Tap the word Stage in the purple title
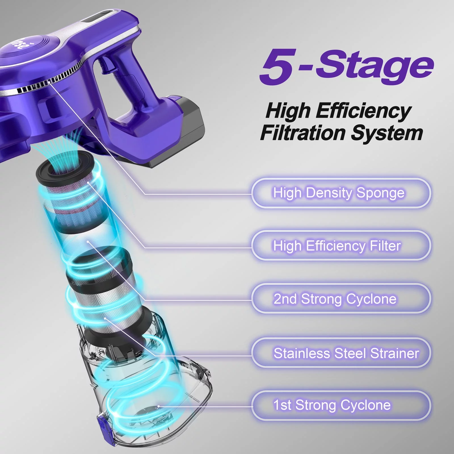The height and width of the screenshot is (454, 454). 374,67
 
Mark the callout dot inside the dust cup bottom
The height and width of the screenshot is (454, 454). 158,406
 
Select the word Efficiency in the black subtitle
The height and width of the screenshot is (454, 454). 363,111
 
